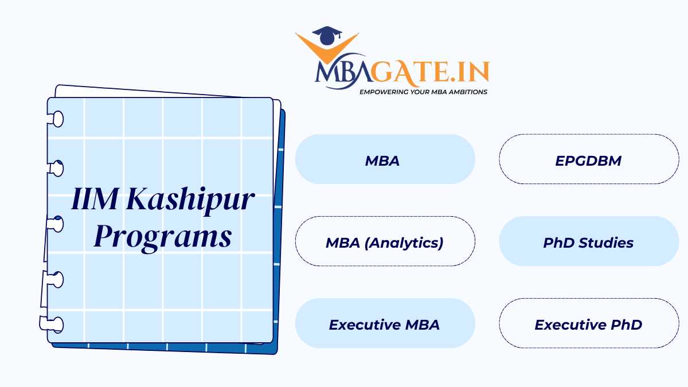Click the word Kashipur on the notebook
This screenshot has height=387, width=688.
[x=190, y=200]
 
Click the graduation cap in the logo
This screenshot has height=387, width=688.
[x=327, y=36]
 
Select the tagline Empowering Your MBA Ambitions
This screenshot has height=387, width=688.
[x=423, y=92]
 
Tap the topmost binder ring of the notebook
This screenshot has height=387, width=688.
[x=56, y=119]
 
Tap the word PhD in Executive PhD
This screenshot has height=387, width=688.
[x=626, y=324]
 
